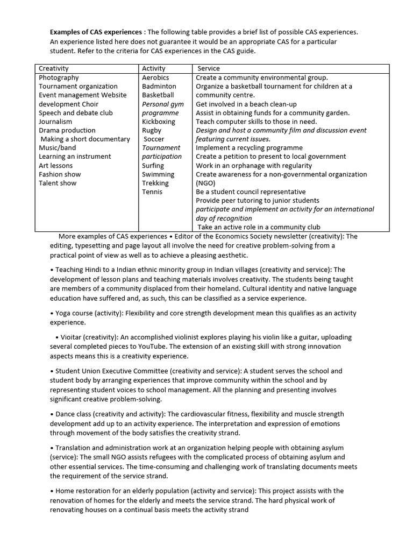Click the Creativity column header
54,68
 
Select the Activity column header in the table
153,68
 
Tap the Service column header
209,68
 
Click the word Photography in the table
59,77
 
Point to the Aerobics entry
155,77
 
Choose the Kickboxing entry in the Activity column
159,122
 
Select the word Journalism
55,122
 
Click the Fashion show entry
60,174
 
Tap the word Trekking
155,183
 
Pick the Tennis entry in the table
152,192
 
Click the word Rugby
152,130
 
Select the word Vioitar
69,337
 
